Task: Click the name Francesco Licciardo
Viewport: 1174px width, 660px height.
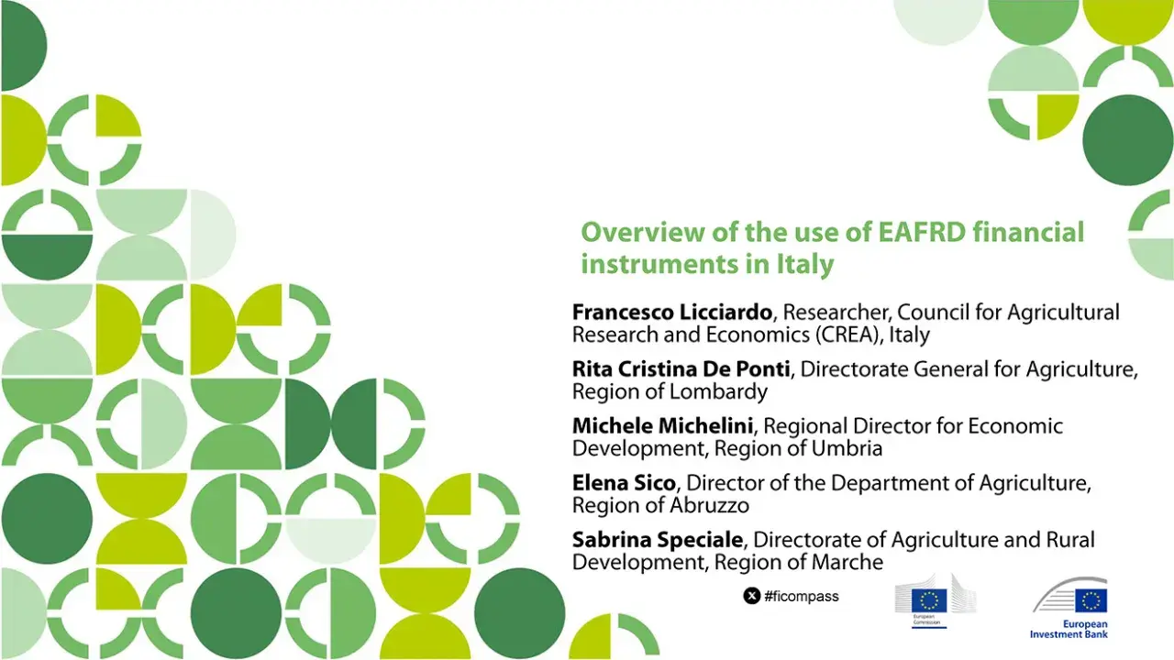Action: click(671, 313)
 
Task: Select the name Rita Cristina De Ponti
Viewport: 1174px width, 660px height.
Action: click(681, 369)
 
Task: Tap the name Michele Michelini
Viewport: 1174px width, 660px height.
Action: click(665, 426)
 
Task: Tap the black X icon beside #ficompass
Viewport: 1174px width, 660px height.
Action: click(751, 597)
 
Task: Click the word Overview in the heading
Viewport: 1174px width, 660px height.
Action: click(637, 232)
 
